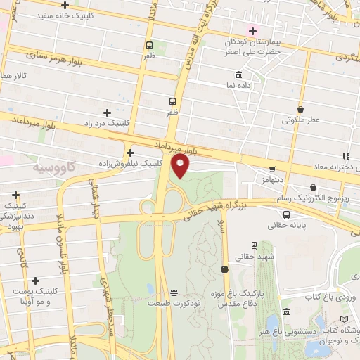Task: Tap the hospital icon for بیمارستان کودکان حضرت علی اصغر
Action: click(x=251, y=30)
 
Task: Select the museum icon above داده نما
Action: click(x=239, y=75)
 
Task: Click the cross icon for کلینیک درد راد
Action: click(x=107, y=112)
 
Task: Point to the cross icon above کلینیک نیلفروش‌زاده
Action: click(x=130, y=153)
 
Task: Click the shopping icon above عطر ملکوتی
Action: click(x=301, y=109)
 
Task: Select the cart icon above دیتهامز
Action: click(x=272, y=169)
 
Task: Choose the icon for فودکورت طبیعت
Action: click(x=174, y=292)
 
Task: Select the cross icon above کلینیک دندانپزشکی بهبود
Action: click(x=15, y=195)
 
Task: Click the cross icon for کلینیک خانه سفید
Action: click(x=65, y=6)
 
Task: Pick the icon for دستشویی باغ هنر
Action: click(x=286, y=311)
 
